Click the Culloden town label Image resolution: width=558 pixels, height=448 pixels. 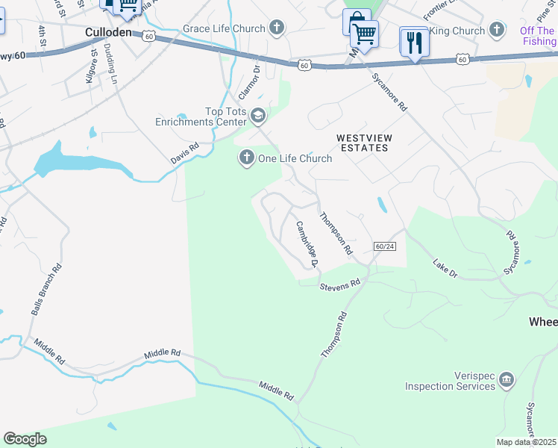(x=108, y=33)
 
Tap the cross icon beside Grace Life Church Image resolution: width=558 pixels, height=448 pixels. (x=277, y=28)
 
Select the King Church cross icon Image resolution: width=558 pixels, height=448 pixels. (x=497, y=31)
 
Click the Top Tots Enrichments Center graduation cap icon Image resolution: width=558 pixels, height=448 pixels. (x=258, y=115)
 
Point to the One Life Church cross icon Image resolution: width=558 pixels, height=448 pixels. (x=247, y=158)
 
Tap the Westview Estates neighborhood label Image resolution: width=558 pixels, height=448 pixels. (x=363, y=143)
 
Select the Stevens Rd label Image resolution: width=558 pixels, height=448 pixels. (x=340, y=284)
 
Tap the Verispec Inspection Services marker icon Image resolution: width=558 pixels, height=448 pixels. (x=507, y=380)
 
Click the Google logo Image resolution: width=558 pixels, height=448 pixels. (x=25, y=439)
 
